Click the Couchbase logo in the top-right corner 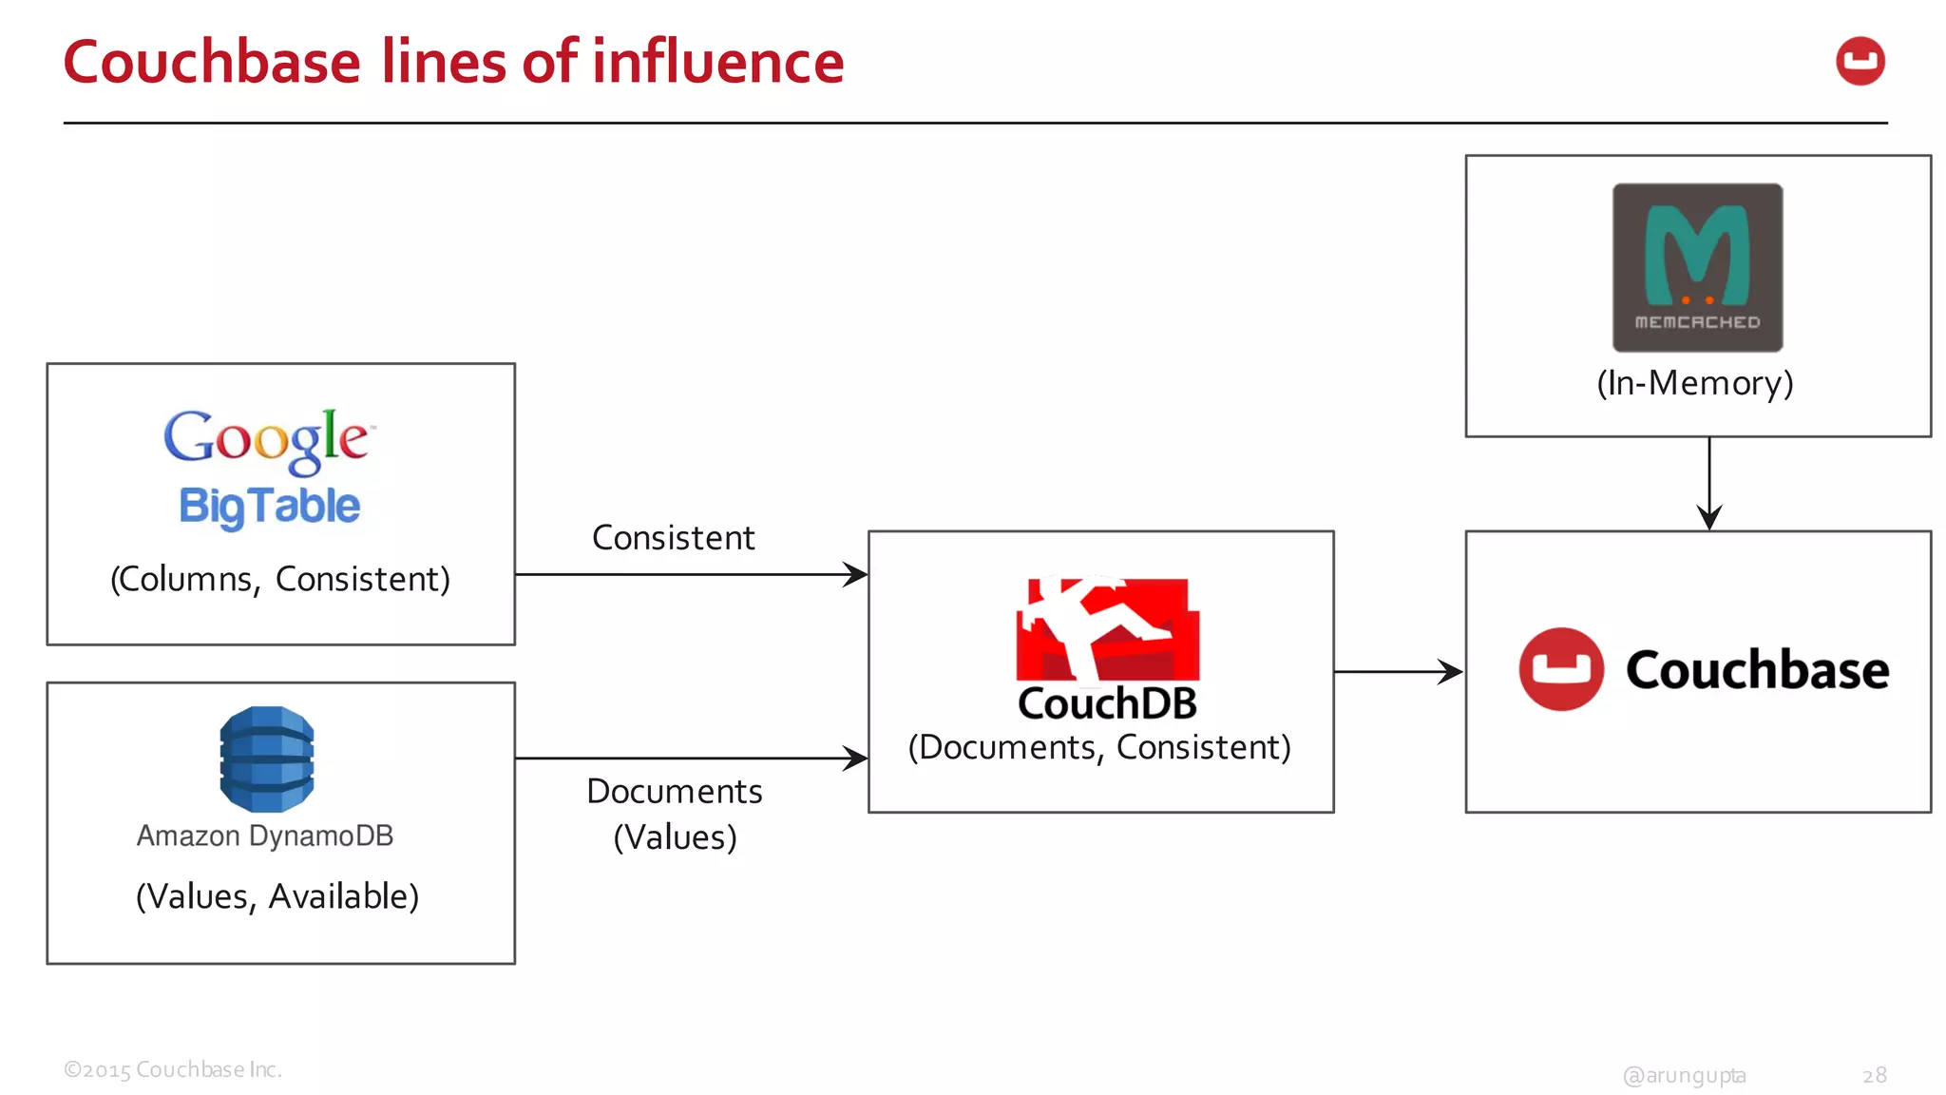pyautogui.click(x=1860, y=62)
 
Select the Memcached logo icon pyautogui.click(x=1697, y=267)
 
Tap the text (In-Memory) pyautogui.click(x=1695, y=383)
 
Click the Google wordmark pyautogui.click(x=268, y=439)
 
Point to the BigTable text pyautogui.click(x=270, y=506)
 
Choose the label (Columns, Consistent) pyautogui.click(x=280, y=579)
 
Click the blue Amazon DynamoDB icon pyautogui.click(x=267, y=759)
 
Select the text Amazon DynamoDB pyautogui.click(x=265, y=836)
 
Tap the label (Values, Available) pyautogui.click(x=277, y=896)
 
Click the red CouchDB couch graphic pyautogui.click(x=1108, y=629)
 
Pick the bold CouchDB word pyautogui.click(x=1107, y=704)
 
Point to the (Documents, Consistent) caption pyautogui.click(x=1099, y=748)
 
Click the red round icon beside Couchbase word pyautogui.click(x=1561, y=669)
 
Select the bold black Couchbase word pyautogui.click(x=1757, y=670)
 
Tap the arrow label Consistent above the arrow pyautogui.click(x=673, y=538)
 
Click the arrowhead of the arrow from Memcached pyautogui.click(x=1709, y=518)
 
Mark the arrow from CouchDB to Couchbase pyautogui.click(x=1398, y=672)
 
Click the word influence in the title pyautogui.click(x=718, y=63)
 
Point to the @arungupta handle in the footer pyautogui.click(x=1684, y=1075)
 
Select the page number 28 pyautogui.click(x=1874, y=1075)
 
